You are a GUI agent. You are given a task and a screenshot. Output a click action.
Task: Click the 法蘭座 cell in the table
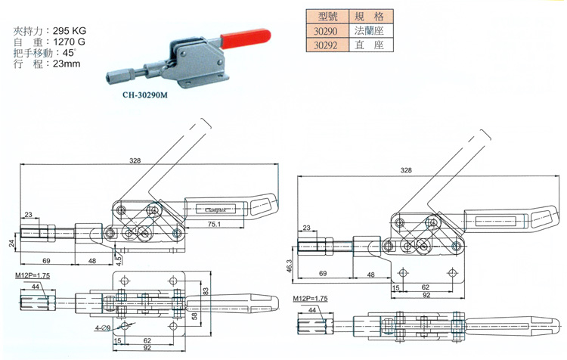pos(369,30)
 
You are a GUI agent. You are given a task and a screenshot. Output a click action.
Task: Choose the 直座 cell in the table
pos(369,45)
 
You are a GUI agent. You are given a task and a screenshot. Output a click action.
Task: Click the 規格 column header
pos(369,15)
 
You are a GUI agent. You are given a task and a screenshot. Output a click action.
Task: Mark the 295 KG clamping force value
pos(72,30)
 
